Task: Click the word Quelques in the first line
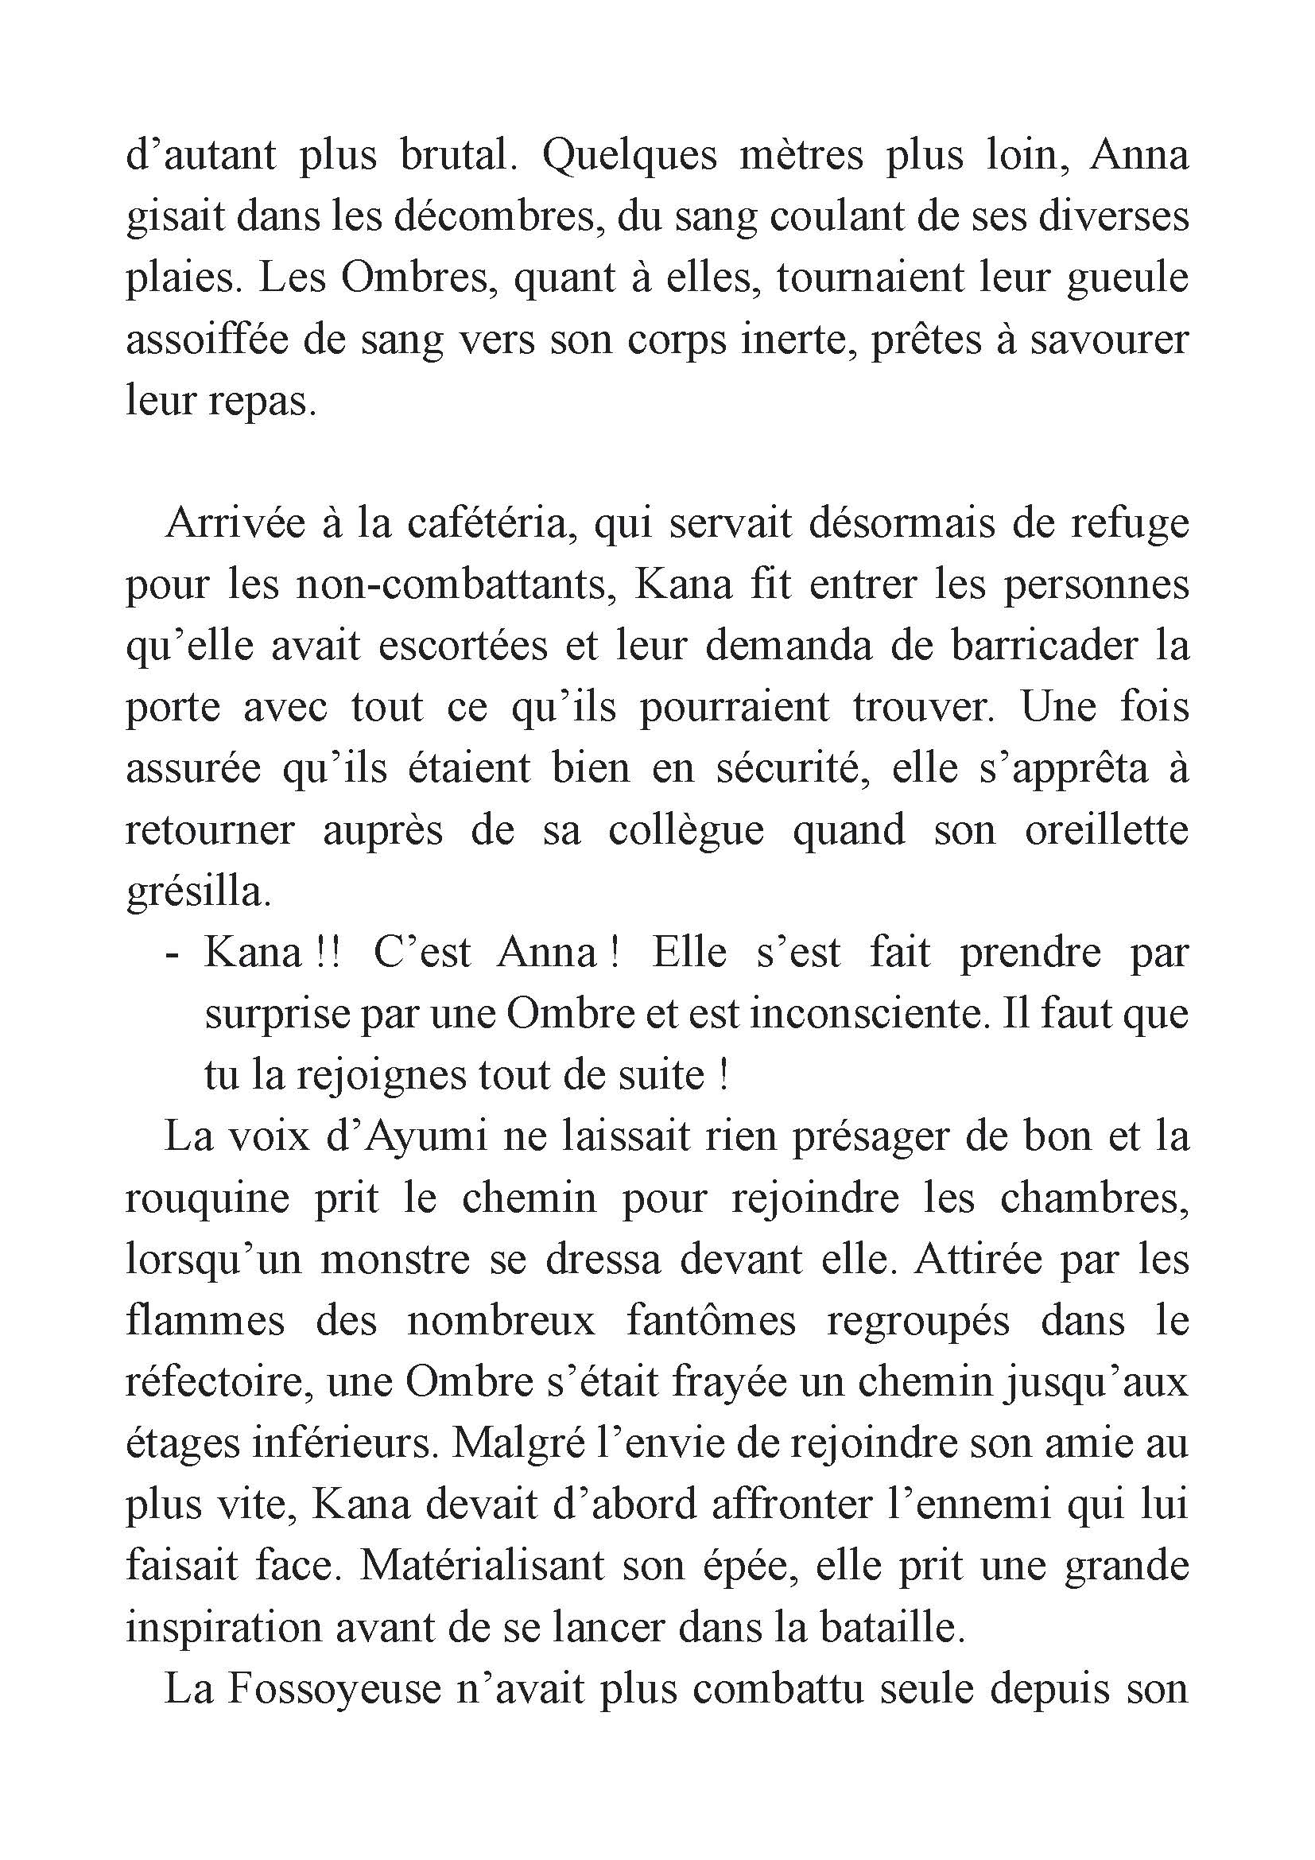tap(628, 157)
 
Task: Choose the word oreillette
tap(1106, 831)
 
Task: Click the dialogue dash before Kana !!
tap(171, 953)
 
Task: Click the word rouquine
tap(208, 1199)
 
